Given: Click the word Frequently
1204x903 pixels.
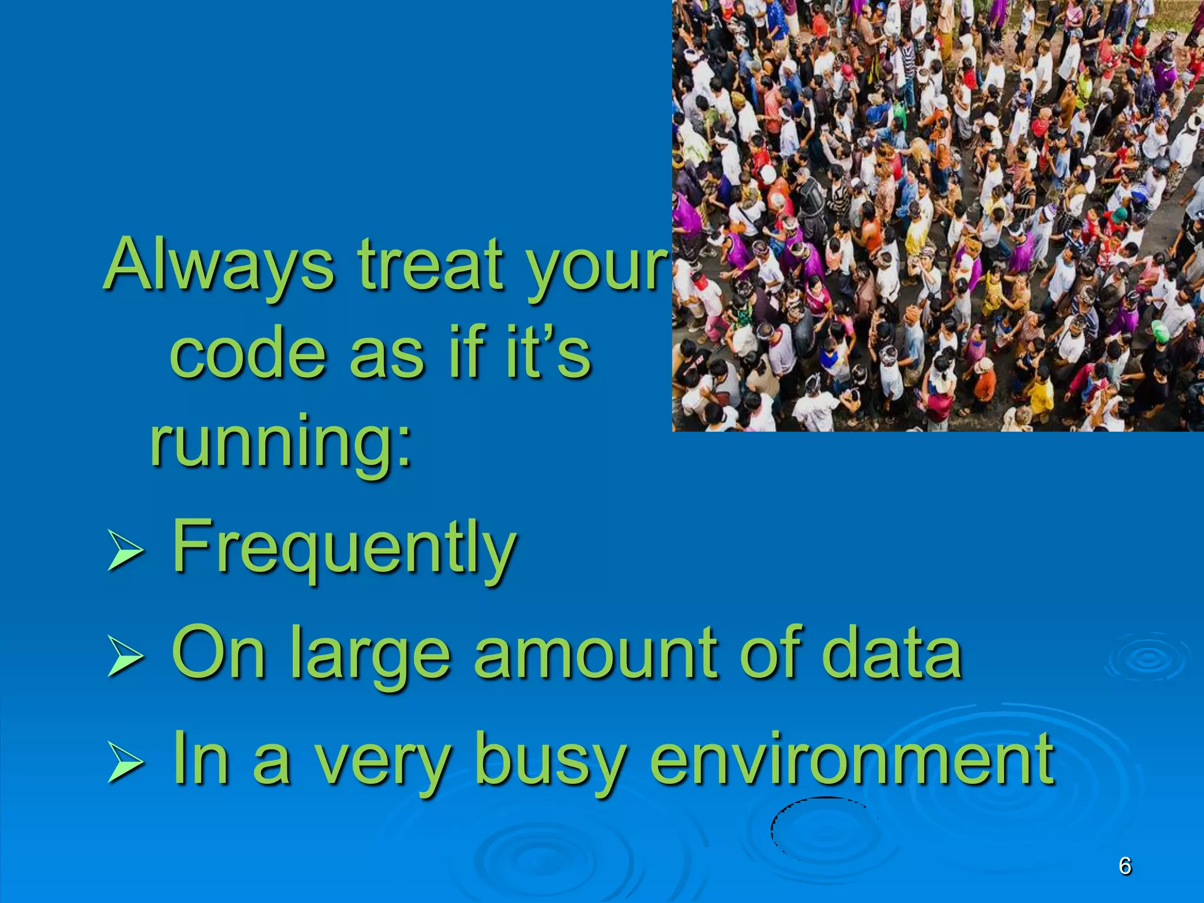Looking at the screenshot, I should [x=344, y=547].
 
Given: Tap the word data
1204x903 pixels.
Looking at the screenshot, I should [x=891, y=653].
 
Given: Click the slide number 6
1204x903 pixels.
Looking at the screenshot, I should [x=1125, y=866].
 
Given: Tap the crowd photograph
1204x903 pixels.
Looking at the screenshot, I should [x=938, y=215].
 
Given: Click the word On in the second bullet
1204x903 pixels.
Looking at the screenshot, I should [x=218, y=653].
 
